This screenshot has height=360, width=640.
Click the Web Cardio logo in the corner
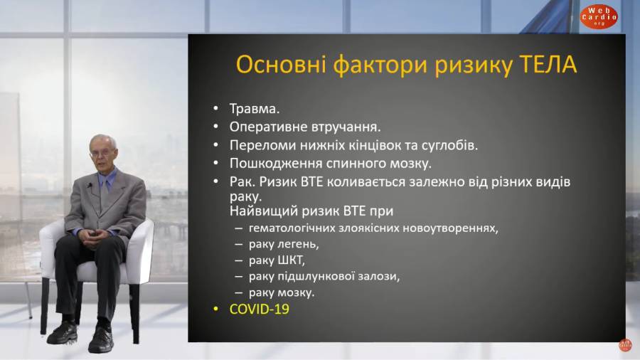click(x=599, y=17)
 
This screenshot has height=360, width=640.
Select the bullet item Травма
click(x=255, y=109)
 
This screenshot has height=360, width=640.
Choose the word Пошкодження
click(x=275, y=163)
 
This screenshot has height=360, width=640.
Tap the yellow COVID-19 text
click(x=259, y=309)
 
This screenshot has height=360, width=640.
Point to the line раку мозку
click(x=282, y=292)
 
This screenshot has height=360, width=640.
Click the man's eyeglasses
click(x=101, y=154)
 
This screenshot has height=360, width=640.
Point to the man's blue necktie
click(x=105, y=194)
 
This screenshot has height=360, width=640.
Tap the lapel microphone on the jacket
click(x=89, y=185)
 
